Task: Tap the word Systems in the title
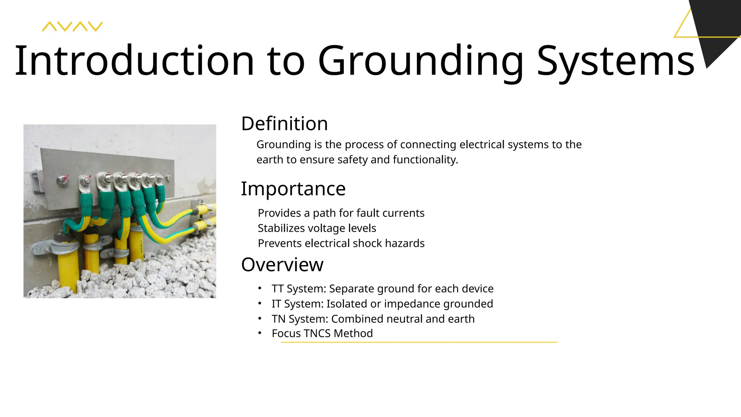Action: click(x=615, y=61)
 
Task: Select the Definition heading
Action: click(x=284, y=123)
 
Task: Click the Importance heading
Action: click(x=293, y=189)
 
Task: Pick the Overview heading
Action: click(x=282, y=265)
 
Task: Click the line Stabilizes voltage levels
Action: click(x=317, y=228)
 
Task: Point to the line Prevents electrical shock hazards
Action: click(x=341, y=243)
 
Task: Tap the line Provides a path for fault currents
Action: click(x=341, y=213)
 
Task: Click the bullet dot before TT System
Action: click(x=260, y=288)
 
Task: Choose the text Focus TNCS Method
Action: click(x=322, y=333)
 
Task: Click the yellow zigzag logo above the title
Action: click(x=72, y=26)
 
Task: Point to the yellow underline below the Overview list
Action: click(x=419, y=342)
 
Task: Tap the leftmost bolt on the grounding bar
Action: click(x=63, y=180)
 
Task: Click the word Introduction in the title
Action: click(x=134, y=61)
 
